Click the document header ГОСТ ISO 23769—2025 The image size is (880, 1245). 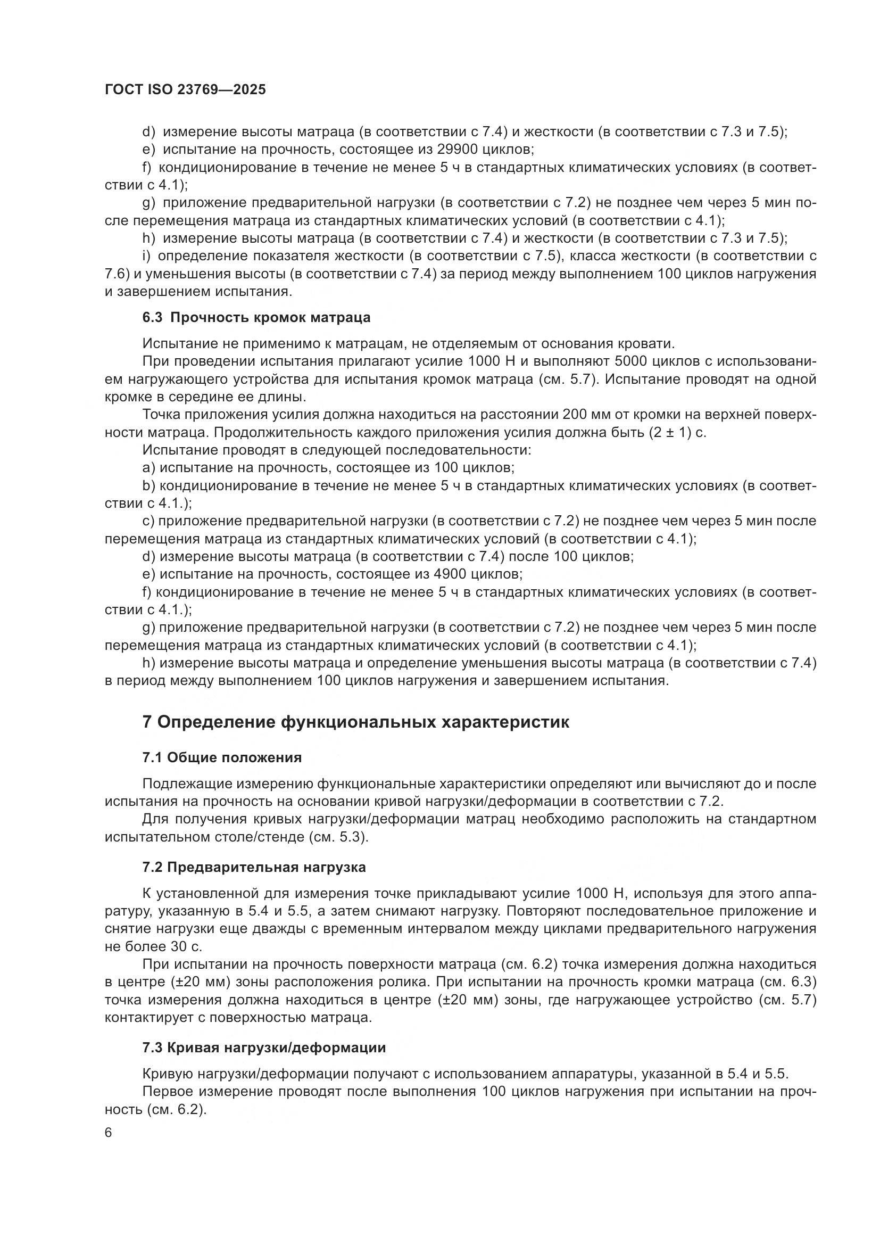pos(185,89)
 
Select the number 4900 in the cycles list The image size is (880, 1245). pos(452,574)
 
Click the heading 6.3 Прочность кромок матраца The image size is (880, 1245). pos(256,317)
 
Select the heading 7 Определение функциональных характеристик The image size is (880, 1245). pos(355,722)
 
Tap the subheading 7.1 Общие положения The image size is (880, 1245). pos(222,757)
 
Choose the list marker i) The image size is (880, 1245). pos(146,256)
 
